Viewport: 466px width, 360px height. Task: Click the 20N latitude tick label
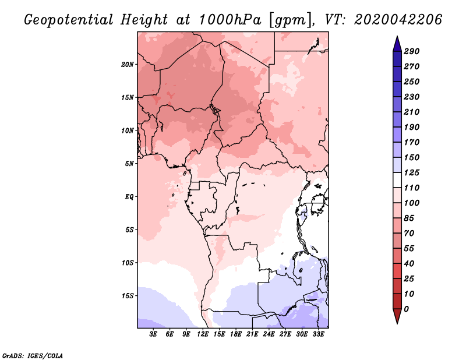128,64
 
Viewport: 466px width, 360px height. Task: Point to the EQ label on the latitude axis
129,196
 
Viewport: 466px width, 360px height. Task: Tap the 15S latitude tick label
128,295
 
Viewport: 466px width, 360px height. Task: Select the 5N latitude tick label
129,164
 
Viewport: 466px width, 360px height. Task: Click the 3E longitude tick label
154,334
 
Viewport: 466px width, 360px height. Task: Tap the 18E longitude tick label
236,334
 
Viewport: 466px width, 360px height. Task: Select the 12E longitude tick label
203,334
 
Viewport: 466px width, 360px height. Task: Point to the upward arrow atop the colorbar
397,43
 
